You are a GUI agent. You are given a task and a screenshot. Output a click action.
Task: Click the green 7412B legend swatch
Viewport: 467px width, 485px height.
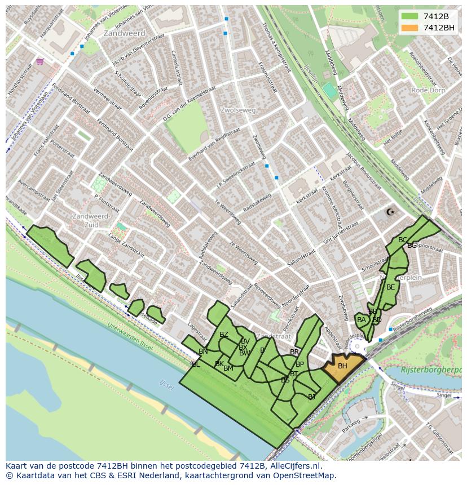[410, 17]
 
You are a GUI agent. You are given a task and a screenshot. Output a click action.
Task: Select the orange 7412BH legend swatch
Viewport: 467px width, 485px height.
[410, 28]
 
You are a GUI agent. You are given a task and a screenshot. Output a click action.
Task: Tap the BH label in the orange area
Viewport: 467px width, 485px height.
[342, 366]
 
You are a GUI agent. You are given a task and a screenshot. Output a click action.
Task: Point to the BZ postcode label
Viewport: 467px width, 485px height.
[224, 335]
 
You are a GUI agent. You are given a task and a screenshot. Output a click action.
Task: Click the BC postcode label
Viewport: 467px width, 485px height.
[403, 240]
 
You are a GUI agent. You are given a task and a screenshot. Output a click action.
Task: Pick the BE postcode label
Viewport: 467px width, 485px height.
[391, 287]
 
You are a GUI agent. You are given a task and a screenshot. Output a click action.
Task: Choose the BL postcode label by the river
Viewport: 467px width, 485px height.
[196, 364]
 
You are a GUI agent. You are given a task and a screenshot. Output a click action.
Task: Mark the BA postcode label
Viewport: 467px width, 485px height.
[362, 320]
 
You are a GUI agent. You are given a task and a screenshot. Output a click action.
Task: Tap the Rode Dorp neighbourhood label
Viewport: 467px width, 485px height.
[428, 90]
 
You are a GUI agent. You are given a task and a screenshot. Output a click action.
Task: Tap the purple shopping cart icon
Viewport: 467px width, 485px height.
[39, 61]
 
